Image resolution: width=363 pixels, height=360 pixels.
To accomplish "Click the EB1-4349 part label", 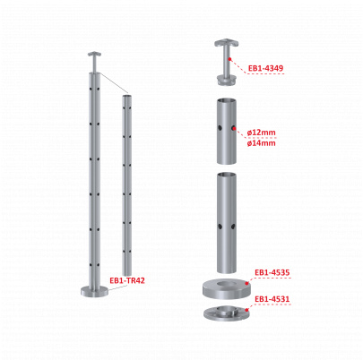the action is click(x=265, y=69).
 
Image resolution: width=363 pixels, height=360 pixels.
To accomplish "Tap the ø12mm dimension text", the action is click(x=262, y=133).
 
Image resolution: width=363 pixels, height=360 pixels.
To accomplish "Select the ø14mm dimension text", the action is click(x=262, y=143).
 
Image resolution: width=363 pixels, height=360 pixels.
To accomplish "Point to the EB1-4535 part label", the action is click(x=272, y=273).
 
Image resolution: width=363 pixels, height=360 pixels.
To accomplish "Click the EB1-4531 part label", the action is click(x=272, y=299).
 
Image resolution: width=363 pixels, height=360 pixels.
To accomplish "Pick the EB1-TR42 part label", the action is click(x=127, y=280).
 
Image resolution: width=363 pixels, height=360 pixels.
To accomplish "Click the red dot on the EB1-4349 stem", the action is click(x=229, y=59).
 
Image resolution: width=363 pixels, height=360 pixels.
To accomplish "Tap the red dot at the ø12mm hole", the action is click(x=234, y=129).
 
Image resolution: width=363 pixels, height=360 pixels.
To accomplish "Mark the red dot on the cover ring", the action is click(x=246, y=283).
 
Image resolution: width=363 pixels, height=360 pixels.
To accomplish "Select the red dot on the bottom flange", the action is click(x=246, y=310).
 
